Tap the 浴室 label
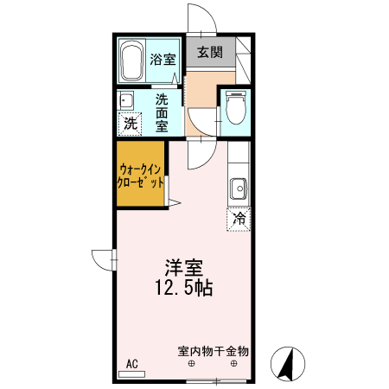coord(163,60)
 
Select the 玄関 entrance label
coord(208,53)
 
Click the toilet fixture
coord(233,109)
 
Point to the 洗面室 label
coord(162,112)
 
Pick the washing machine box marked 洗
coord(130,124)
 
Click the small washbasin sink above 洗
coord(125,99)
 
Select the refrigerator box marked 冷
coord(238,219)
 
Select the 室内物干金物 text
coord(213,351)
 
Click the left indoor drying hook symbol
coord(192,365)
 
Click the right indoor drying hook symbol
coord(233,365)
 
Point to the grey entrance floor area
coord(209,54)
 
